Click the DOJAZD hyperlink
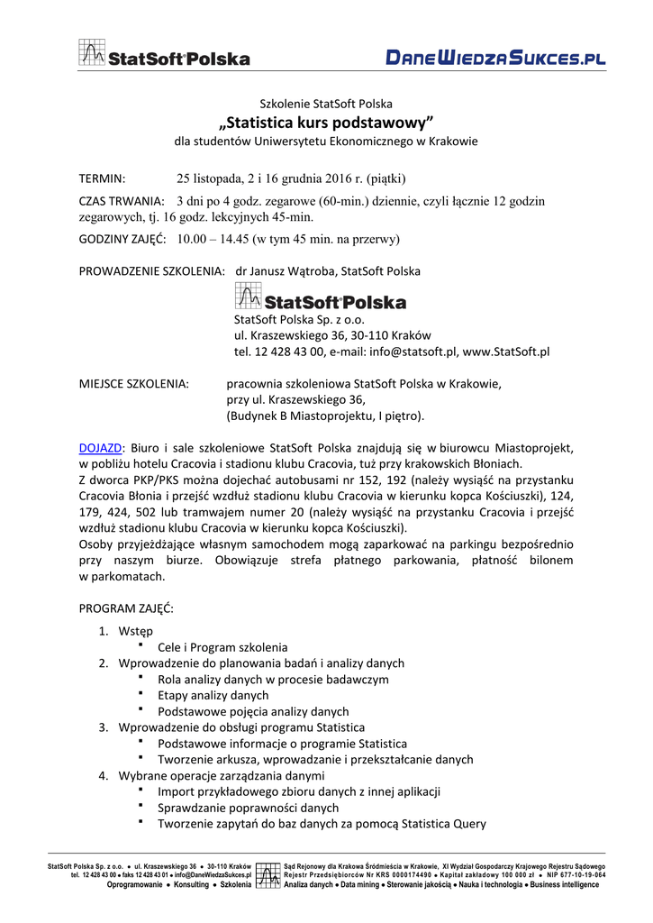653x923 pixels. (100, 447)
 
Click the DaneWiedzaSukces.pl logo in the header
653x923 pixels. (495, 59)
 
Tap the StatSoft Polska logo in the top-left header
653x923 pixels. (164, 54)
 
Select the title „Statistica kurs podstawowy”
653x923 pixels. (326, 122)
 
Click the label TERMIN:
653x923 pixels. (103, 178)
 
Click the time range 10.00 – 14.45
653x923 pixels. (213, 239)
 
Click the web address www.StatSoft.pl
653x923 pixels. (506, 352)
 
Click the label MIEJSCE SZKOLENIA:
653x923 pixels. (134, 384)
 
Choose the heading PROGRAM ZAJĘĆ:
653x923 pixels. (127, 608)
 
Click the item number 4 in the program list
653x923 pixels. (104, 775)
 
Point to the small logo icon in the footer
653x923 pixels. (268, 875)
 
